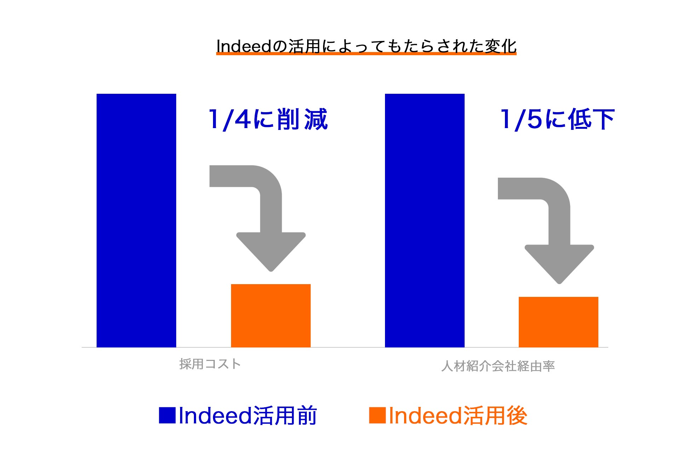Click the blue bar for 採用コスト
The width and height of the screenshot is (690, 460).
tap(136, 220)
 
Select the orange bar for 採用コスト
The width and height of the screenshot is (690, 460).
tap(271, 316)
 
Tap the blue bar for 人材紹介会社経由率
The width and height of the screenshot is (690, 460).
tap(425, 220)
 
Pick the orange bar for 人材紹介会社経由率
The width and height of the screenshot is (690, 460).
tap(558, 322)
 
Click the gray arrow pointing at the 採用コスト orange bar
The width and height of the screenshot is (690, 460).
tap(271, 212)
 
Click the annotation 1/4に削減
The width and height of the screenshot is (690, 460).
tap(268, 119)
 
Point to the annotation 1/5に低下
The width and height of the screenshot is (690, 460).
tap(557, 119)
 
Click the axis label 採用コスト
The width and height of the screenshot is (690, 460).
tap(210, 364)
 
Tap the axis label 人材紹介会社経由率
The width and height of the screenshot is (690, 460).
tap(498, 366)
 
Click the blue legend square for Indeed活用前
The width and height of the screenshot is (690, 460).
tap(167, 415)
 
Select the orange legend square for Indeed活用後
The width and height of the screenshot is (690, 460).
tap(378, 415)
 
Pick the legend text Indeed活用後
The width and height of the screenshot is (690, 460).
tap(458, 415)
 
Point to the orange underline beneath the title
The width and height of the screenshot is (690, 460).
tap(366, 53)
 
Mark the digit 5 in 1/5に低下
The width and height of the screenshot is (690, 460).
tap(534, 119)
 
